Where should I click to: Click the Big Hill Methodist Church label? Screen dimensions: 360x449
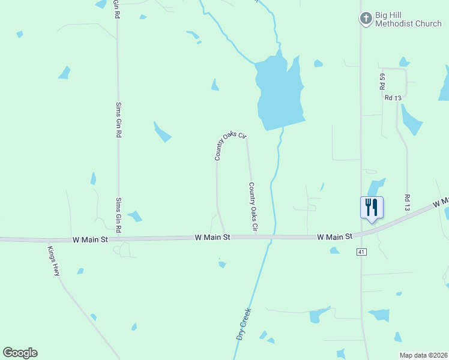(x=408, y=19)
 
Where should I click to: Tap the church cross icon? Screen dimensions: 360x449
(x=366, y=19)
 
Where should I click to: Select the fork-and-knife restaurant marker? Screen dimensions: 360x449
(x=372, y=208)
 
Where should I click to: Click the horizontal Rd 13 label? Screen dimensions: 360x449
(x=393, y=97)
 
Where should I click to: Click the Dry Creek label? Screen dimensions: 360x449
(x=243, y=325)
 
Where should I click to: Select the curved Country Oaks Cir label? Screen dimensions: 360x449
(x=230, y=145)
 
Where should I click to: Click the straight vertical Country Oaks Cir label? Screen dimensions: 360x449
(x=252, y=207)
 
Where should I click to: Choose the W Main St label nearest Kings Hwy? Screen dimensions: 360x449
(x=89, y=239)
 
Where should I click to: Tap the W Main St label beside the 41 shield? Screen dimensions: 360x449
(x=334, y=238)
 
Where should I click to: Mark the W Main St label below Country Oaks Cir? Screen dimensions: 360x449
(x=212, y=238)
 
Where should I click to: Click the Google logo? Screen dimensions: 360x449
(x=20, y=353)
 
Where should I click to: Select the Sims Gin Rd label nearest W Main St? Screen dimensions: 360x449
(x=118, y=215)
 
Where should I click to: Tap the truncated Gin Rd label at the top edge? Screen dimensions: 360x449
(x=117, y=9)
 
